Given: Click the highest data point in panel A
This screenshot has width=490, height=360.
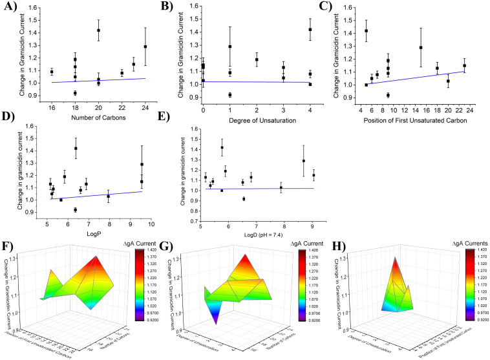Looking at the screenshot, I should click(98, 30).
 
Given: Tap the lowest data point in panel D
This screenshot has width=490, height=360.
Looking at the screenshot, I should click(76, 209).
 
